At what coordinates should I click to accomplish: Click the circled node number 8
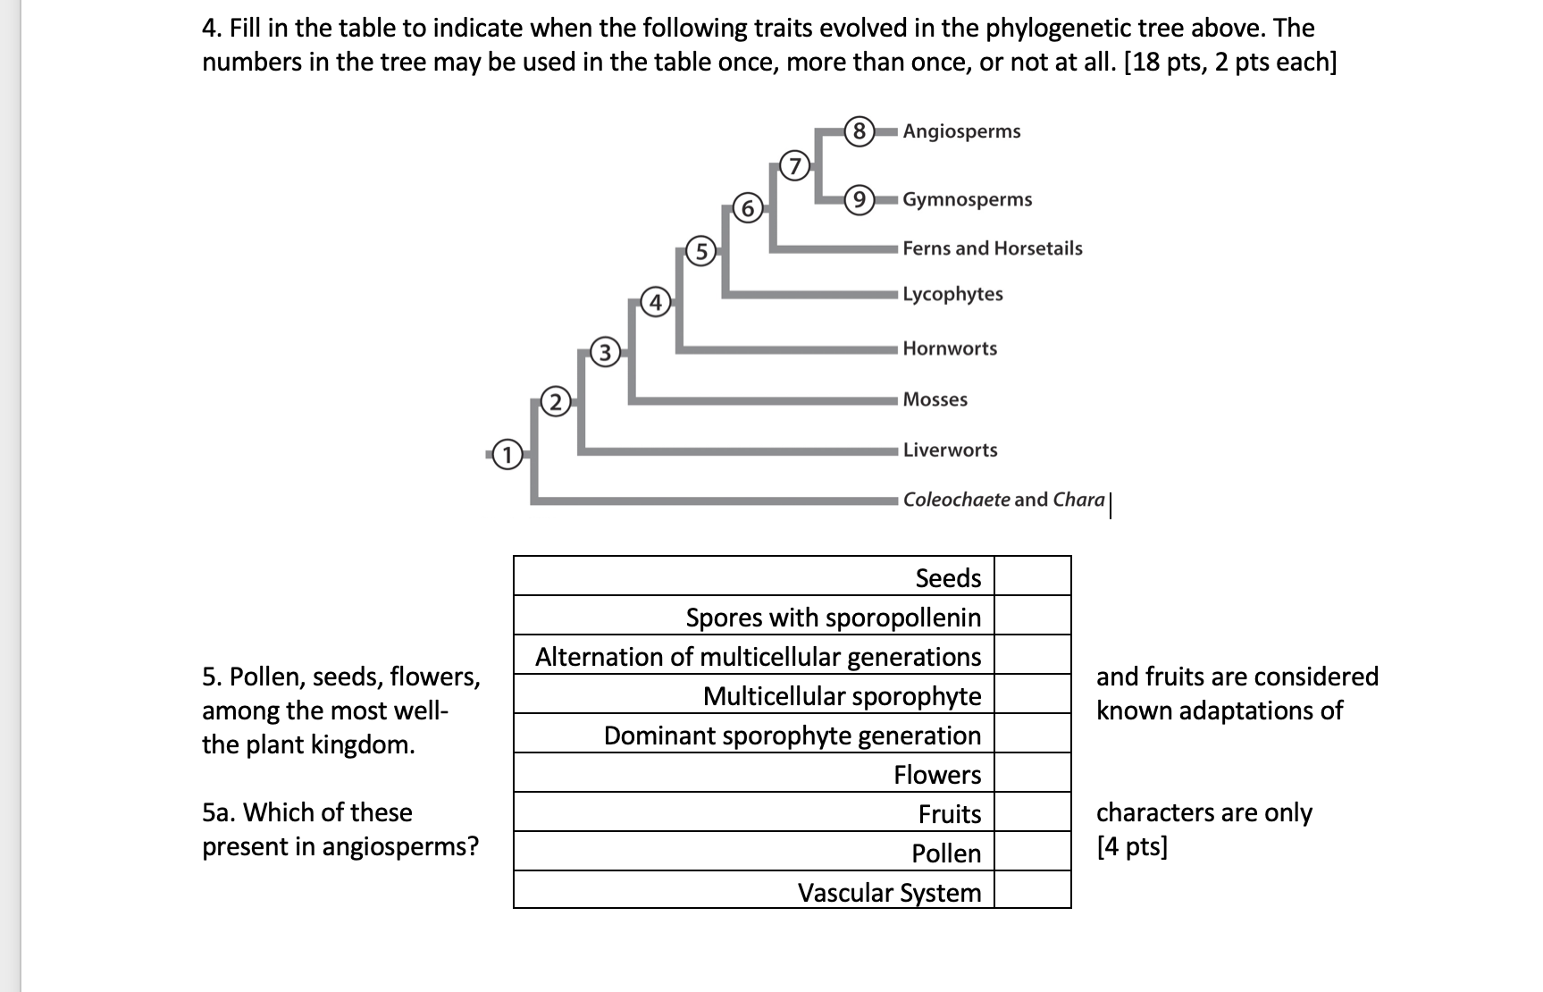pos(859,131)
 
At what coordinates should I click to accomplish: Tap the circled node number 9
pos(859,199)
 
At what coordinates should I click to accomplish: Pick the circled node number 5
pos(701,252)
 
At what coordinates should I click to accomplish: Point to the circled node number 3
pos(605,352)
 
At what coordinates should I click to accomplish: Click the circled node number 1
pos(507,455)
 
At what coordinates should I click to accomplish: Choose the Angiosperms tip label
pos(961,131)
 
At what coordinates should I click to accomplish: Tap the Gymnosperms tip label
pos(967,199)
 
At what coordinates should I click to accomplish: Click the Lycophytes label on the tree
pos(952,294)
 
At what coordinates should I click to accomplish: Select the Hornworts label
pos(950,349)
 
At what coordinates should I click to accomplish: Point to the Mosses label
pos(935,399)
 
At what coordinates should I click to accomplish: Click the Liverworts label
pos(950,450)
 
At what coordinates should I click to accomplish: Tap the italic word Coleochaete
pos(956,500)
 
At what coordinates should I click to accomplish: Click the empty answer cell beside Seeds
pos(1032,576)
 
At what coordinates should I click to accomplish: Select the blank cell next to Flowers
pos(1032,773)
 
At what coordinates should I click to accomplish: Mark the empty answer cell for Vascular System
pos(1032,890)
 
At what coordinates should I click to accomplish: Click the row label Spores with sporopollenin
pos(833,618)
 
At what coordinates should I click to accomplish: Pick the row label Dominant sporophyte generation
pos(792,736)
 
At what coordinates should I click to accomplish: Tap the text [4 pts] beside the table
pos(1132,846)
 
